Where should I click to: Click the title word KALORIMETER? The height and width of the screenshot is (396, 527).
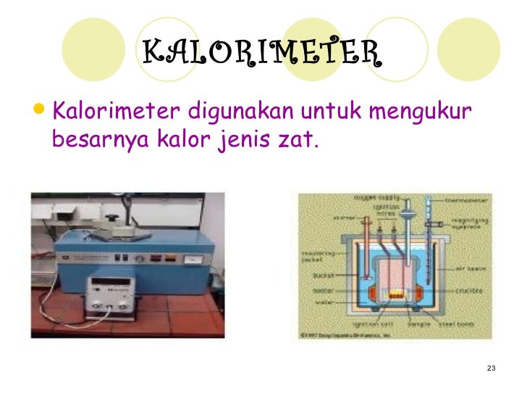click(x=261, y=52)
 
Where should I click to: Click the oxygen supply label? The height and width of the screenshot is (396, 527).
click(x=372, y=197)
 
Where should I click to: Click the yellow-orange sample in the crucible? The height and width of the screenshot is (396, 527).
click(x=395, y=295)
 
